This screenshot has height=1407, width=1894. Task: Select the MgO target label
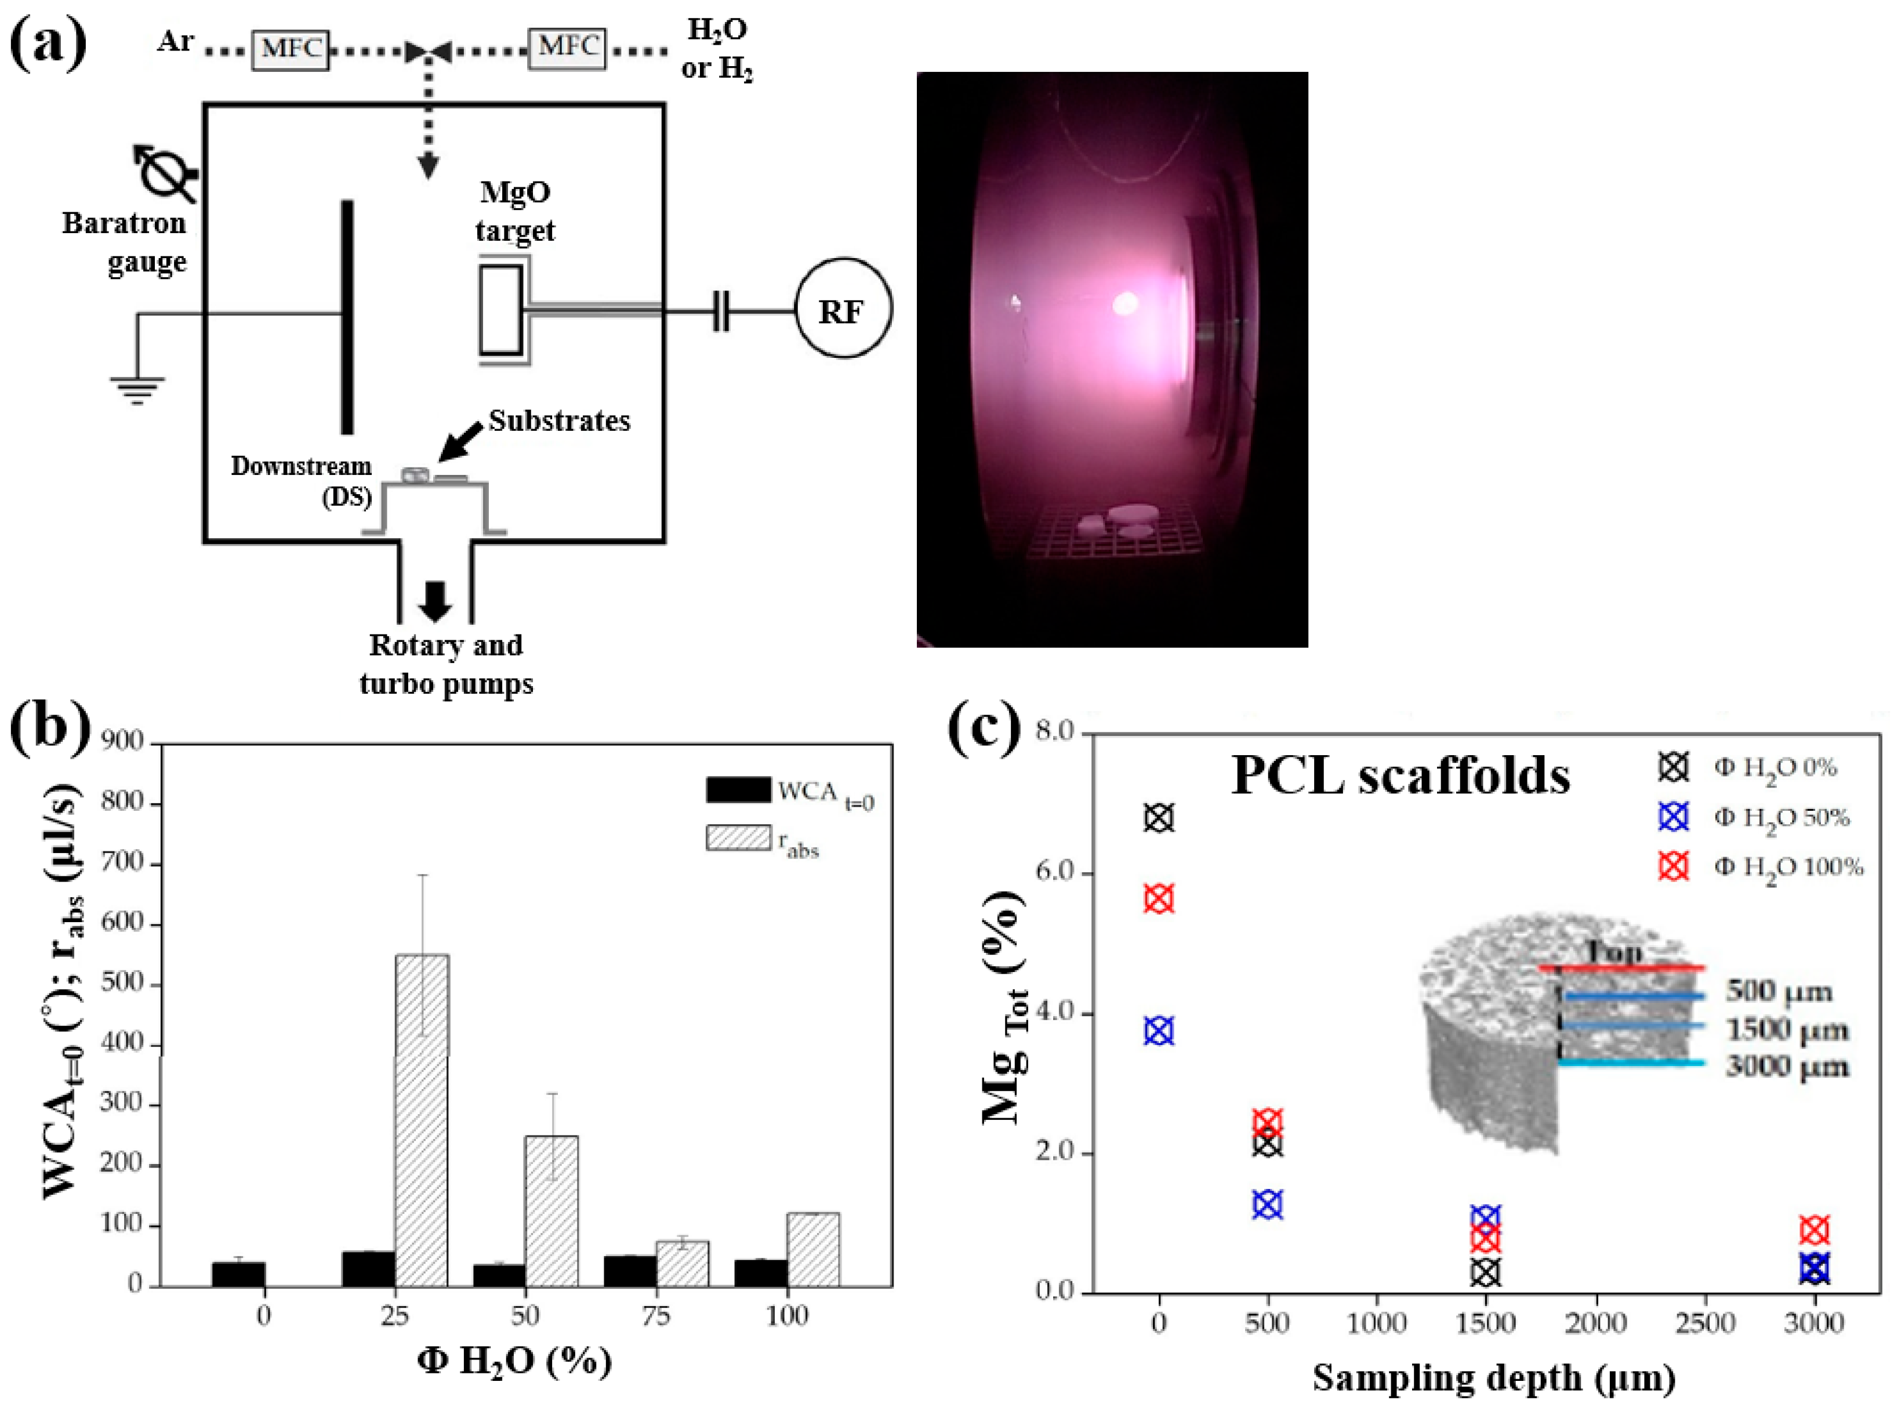tap(515, 211)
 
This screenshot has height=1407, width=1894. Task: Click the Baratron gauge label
tap(124, 242)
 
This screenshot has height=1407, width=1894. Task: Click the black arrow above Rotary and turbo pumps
tap(436, 600)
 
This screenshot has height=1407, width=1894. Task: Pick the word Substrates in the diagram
tap(560, 420)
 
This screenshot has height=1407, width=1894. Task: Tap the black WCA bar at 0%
tap(238, 1273)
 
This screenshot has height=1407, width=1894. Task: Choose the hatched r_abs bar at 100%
tap(812, 1249)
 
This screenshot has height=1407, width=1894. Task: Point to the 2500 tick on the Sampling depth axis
tap(1706, 1323)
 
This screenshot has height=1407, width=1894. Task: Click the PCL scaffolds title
tap(1401, 776)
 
